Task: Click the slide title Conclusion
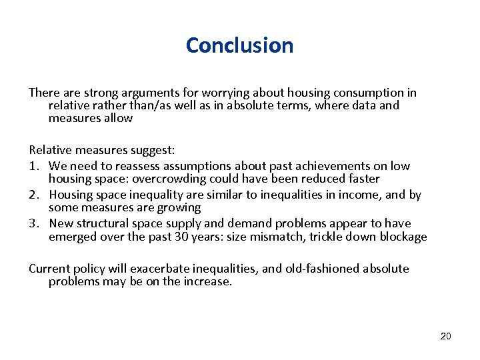[239, 45]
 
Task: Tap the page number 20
[445, 336]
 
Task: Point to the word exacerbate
[161, 269]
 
